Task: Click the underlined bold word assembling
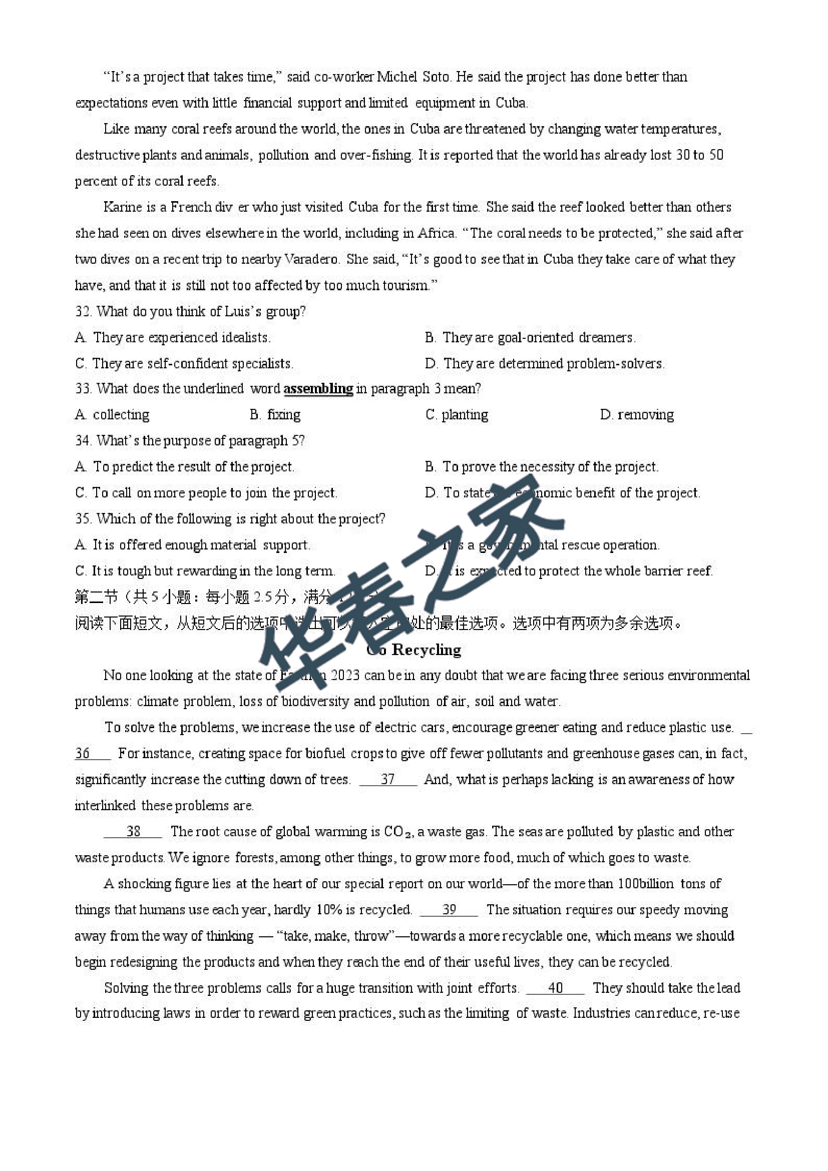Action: (x=318, y=389)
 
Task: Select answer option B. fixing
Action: (x=275, y=415)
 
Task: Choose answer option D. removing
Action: (x=637, y=415)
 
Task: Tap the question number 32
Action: (x=83, y=311)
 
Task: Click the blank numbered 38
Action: (x=133, y=832)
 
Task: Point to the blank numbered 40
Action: (x=555, y=988)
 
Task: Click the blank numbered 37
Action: (x=388, y=779)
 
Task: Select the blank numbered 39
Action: (x=449, y=910)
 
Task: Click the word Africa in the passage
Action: (x=436, y=233)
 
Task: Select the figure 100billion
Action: (x=645, y=884)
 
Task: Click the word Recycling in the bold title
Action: (x=427, y=650)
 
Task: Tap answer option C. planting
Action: (x=457, y=415)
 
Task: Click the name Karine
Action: (x=122, y=207)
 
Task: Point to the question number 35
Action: (x=83, y=518)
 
